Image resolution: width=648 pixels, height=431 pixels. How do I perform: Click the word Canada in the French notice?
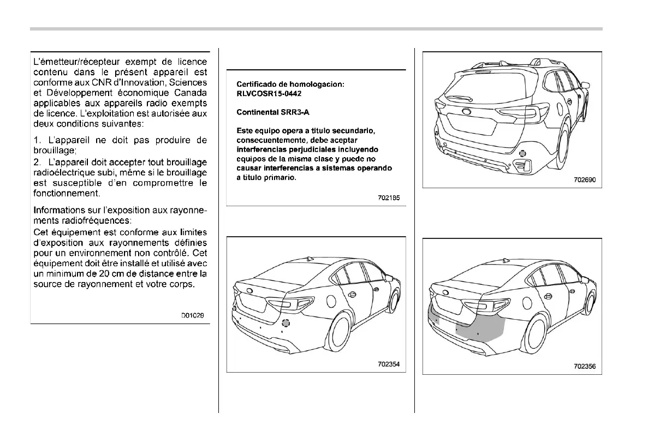click(x=192, y=92)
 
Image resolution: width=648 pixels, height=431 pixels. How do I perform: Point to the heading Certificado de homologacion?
click(x=290, y=84)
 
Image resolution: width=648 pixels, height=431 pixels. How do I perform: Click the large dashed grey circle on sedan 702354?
click(x=287, y=322)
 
